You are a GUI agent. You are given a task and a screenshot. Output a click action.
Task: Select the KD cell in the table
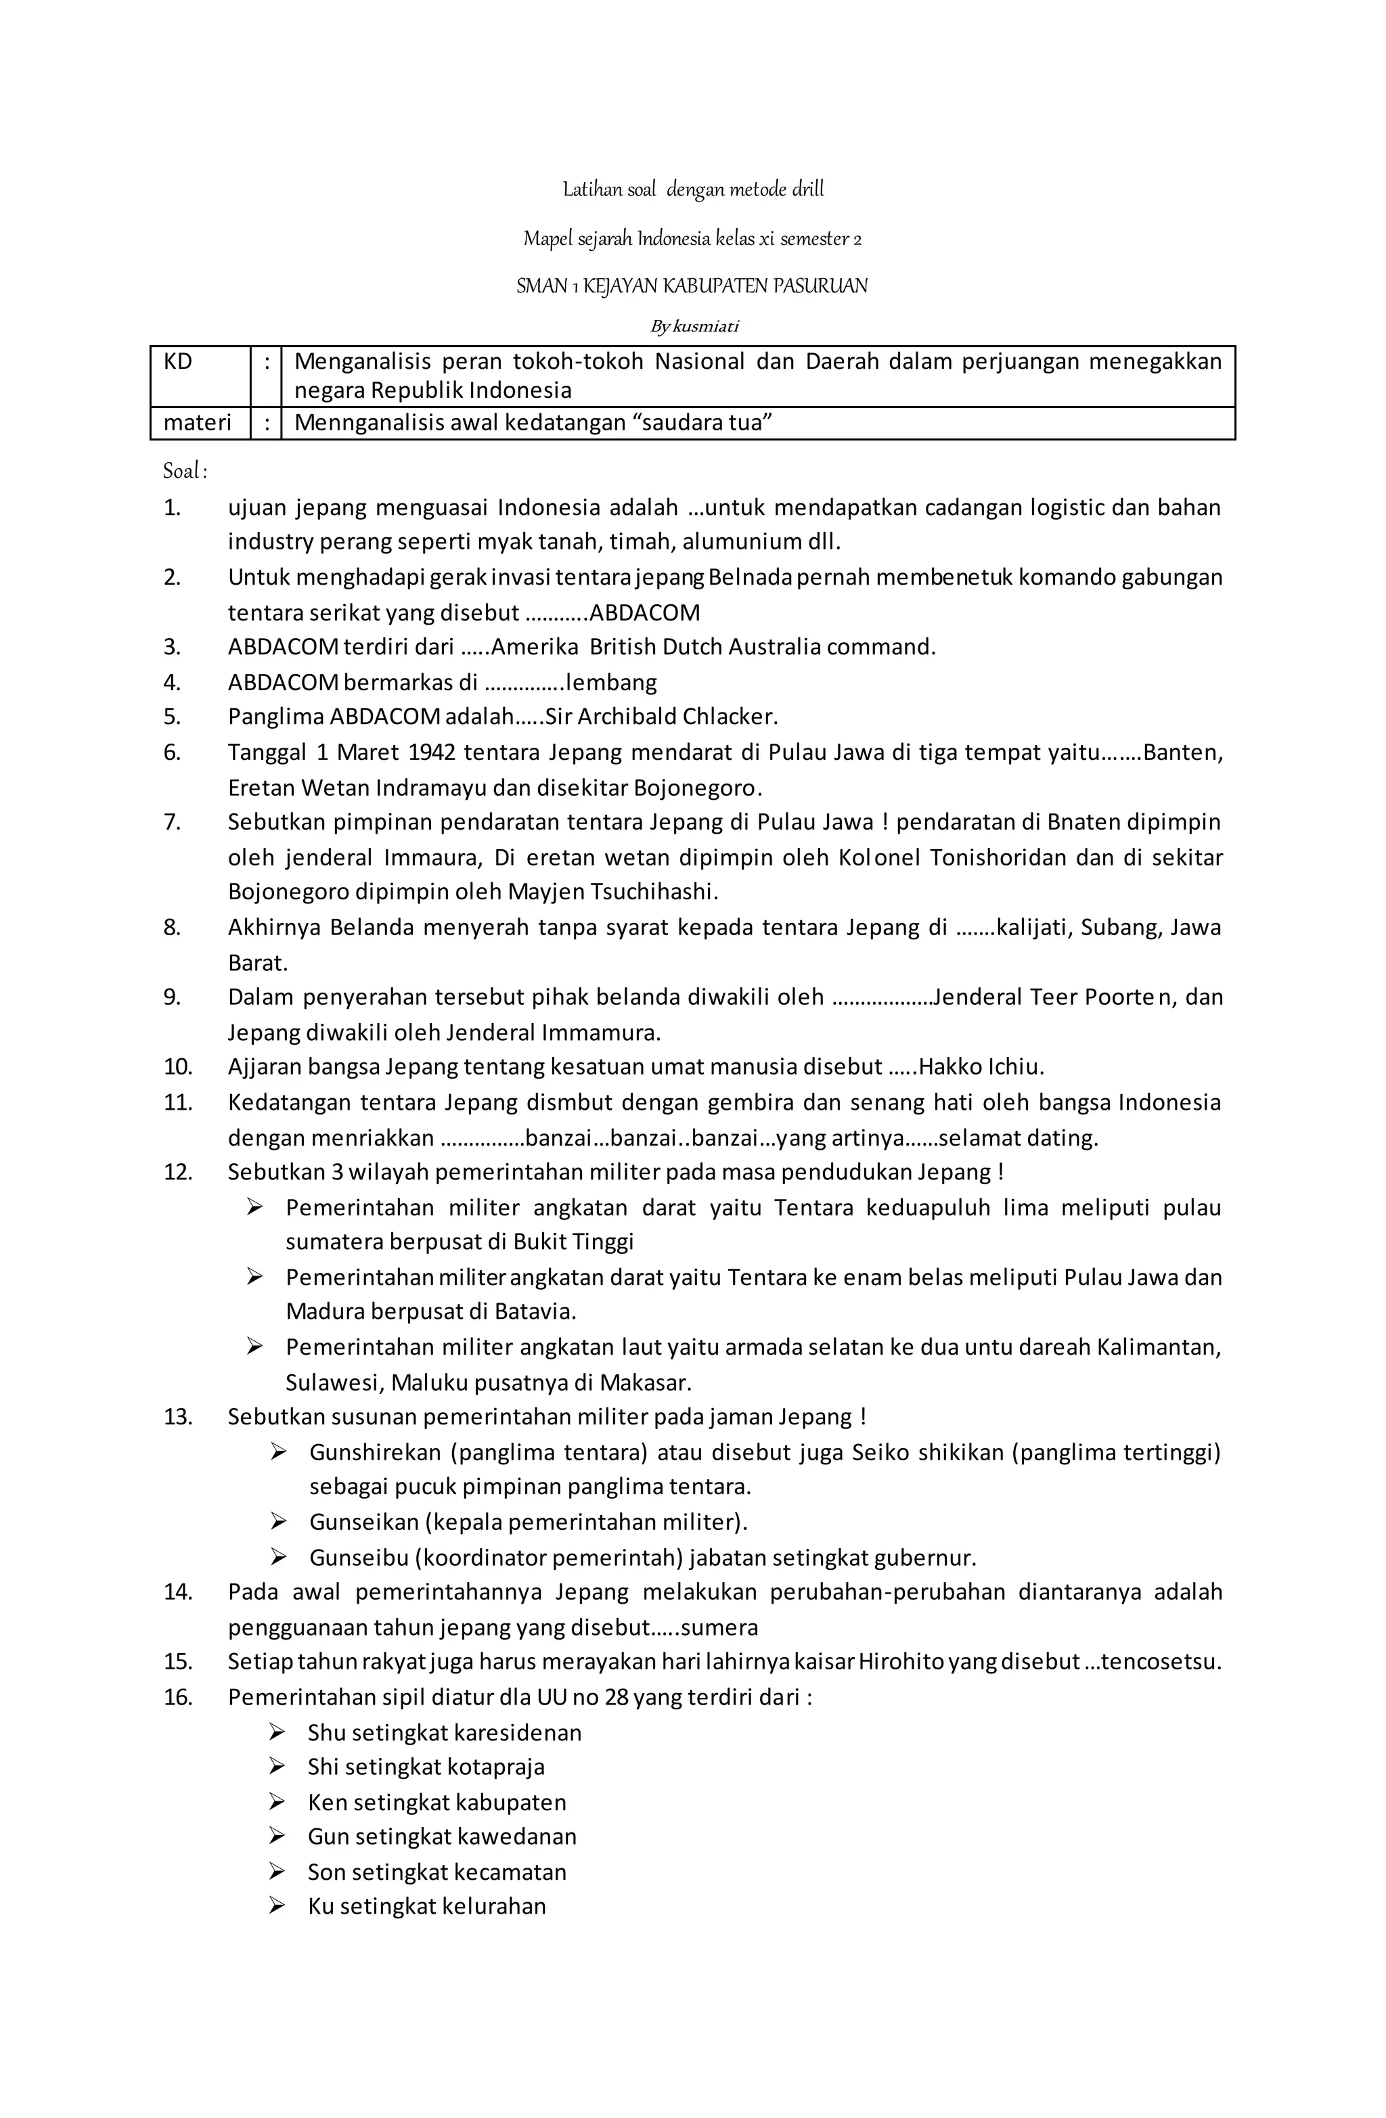point(200,376)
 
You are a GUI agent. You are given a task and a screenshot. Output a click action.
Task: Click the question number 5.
point(173,717)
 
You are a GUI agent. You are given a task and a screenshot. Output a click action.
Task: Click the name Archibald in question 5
point(612,717)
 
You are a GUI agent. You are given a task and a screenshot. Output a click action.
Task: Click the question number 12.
point(177,1172)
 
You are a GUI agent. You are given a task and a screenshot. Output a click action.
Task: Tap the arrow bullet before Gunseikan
point(279,1522)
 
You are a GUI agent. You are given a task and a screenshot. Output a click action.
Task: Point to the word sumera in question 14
point(719,1627)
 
